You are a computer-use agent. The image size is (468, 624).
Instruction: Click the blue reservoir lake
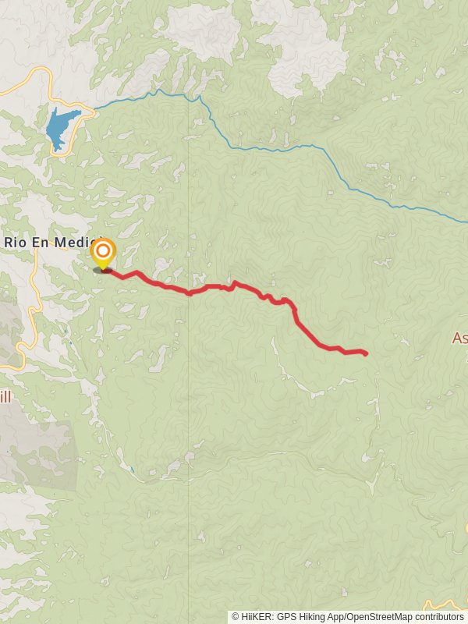coord(61,127)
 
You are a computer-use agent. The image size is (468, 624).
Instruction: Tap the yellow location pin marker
coord(103,252)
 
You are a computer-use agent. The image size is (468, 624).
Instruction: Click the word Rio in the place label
coord(15,242)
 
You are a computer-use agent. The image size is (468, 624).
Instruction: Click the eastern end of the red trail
coord(365,354)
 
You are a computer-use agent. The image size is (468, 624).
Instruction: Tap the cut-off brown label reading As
coord(459,338)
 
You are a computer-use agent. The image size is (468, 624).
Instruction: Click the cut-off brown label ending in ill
coord(5,397)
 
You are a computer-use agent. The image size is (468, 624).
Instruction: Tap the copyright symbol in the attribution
coord(236,617)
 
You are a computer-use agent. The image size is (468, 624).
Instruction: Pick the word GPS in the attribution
coord(287,617)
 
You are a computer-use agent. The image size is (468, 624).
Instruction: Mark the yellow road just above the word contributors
coord(441,604)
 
